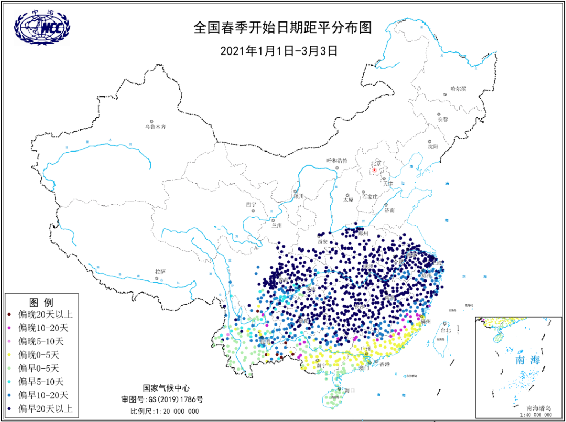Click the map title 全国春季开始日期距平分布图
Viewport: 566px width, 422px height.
pos(282,28)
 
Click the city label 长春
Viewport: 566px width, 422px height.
pos(443,120)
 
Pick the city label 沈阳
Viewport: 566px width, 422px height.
pos(432,147)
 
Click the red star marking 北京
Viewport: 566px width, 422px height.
pos(374,170)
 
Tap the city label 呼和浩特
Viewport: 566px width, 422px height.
pos(337,160)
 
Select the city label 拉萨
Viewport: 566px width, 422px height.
pos(160,272)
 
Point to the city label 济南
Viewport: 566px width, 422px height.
pos(389,211)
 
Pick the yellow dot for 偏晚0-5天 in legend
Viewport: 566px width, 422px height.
pos(10,355)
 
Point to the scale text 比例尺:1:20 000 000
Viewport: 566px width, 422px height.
pos(165,411)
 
